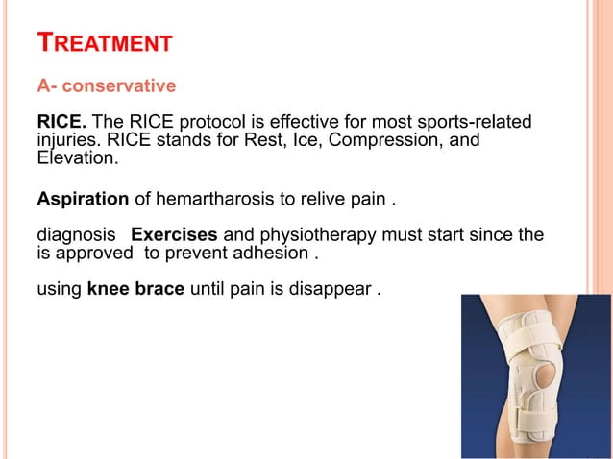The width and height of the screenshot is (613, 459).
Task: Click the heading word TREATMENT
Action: point(104,42)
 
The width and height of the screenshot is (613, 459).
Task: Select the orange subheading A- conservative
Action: point(106,86)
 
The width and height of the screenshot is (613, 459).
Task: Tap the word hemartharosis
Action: point(212,200)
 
